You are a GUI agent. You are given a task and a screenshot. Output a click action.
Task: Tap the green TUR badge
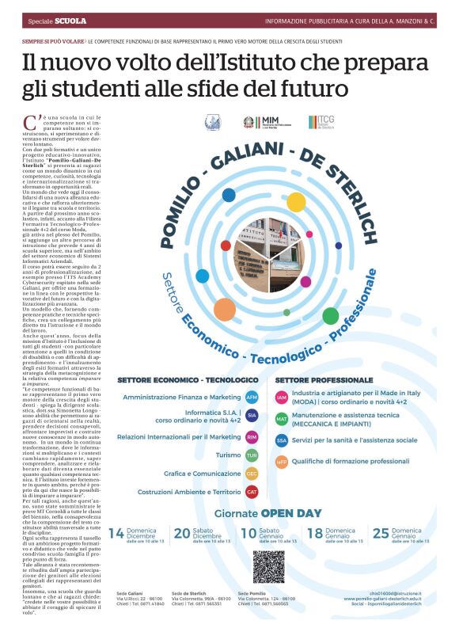(x=252, y=456)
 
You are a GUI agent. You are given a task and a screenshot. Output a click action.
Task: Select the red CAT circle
(x=252, y=492)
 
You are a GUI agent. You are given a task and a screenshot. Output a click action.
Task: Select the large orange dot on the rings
(x=225, y=310)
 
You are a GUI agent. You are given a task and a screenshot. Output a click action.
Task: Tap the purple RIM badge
(x=252, y=436)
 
